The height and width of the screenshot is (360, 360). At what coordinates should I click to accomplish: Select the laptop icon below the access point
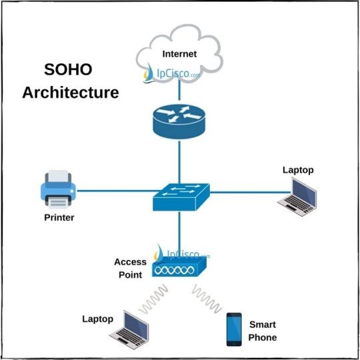133,331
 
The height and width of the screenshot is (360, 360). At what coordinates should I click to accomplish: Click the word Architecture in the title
71,92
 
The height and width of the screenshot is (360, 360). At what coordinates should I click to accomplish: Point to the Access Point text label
130,267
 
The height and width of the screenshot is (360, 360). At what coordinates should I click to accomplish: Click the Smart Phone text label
262,331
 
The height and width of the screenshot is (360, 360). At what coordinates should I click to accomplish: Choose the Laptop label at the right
297,170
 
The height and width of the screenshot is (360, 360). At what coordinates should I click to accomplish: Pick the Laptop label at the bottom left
97,319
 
